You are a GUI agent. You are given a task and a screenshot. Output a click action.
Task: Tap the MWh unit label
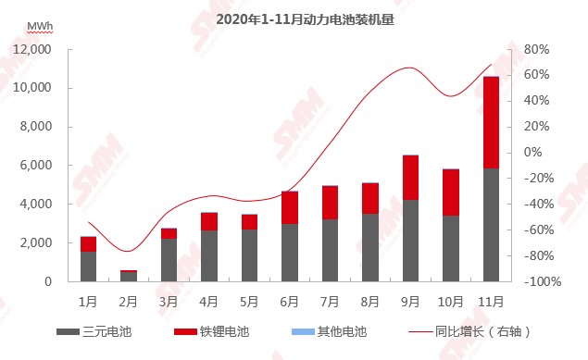coord(40,26)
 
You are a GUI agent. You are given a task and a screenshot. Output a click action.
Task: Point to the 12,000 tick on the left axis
coord(32,49)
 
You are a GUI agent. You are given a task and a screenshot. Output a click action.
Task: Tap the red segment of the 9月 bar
coord(410,177)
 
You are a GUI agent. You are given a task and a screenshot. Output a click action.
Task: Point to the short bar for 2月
coord(129,276)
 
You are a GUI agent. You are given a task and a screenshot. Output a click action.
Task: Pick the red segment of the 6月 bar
coord(290,207)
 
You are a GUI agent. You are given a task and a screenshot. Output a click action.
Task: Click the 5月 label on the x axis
coord(249,301)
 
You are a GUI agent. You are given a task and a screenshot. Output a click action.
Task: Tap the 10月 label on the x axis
coord(450,301)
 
